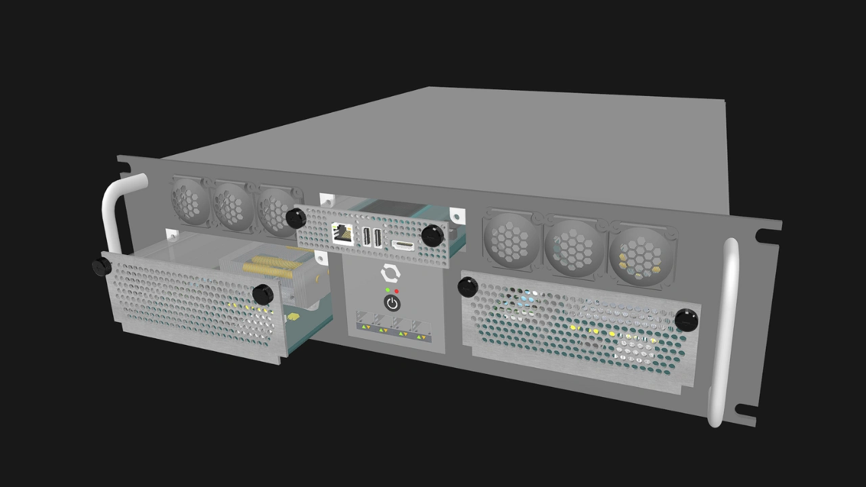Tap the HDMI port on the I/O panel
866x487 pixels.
(x=403, y=245)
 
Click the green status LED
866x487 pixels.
(x=388, y=290)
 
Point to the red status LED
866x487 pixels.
(x=396, y=292)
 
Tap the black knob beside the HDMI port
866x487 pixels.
(x=432, y=236)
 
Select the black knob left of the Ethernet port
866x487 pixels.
(x=296, y=218)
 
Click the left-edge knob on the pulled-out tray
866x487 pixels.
(x=102, y=266)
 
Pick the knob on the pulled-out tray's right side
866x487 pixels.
(x=263, y=294)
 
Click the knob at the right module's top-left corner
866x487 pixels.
(x=468, y=287)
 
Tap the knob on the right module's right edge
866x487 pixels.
(x=686, y=319)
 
